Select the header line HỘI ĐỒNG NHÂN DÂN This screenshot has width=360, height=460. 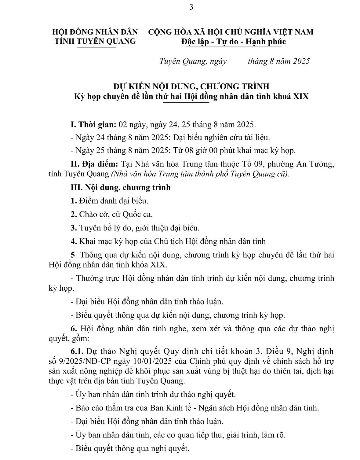pyautogui.click(x=95, y=32)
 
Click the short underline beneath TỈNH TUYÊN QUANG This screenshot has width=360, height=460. pyautogui.click(x=96, y=47)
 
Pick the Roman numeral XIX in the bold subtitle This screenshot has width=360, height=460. pyautogui.click(x=301, y=97)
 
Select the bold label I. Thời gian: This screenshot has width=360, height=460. pyautogui.click(x=93, y=125)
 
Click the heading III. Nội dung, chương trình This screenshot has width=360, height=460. pyautogui.click(x=120, y=187)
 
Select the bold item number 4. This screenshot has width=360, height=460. pyautogui.click(x=73, y=241)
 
